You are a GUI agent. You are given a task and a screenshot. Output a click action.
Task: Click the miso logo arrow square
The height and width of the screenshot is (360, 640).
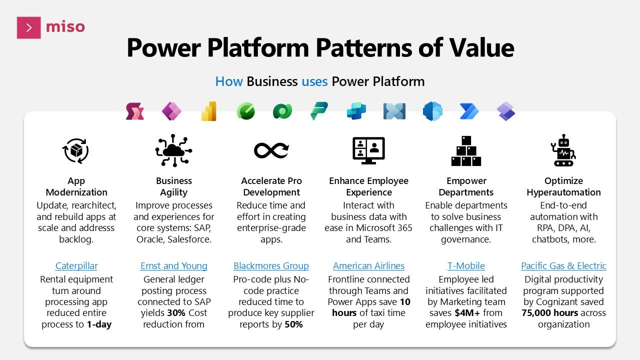click(28, 27)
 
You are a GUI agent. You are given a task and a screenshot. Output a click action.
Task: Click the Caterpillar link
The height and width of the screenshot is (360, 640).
click(76, 266)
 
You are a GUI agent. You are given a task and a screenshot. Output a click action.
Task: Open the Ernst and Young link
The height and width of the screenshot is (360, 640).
click(173, 266)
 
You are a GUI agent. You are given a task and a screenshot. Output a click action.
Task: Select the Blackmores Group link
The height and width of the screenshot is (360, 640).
click(271, 266)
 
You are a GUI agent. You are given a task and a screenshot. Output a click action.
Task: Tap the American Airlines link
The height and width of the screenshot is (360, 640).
click(368, 266)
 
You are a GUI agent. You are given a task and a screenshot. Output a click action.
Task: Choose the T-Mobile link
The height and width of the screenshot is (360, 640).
click(466, 266)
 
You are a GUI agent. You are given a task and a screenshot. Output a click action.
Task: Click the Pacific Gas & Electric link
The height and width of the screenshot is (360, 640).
click(563, 266)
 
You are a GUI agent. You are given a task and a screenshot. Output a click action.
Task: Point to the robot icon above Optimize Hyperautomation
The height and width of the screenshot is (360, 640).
click(563, 150)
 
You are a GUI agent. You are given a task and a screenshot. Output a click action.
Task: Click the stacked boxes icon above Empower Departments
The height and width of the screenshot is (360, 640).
click(466, 150)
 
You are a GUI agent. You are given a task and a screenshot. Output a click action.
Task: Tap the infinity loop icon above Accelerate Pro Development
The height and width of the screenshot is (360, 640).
click(271, 150)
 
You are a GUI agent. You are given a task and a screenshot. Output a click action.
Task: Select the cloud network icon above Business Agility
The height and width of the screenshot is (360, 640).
click(173, 150)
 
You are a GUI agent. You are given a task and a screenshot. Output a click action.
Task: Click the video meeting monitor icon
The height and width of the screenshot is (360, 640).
click(368, 150)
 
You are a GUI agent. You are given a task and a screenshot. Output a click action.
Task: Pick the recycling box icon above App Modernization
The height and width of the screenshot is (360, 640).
click(76, 150)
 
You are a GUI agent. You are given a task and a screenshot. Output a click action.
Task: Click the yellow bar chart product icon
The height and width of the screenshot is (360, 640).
click(208, 111)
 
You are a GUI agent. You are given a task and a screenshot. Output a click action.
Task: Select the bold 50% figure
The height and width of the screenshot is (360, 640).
click(293, 324)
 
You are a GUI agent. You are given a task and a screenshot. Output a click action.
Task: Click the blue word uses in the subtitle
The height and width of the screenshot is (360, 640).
click(314, 81)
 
